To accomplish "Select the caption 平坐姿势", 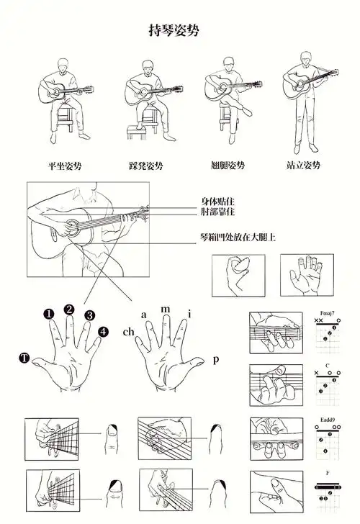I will coord(66,166).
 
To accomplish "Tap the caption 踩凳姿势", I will coord(146,166).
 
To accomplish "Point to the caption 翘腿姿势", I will coord(228,166).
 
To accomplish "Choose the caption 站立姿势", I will coord(303,166).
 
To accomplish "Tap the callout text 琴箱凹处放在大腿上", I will coord(237,237).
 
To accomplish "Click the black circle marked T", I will coord(25,358).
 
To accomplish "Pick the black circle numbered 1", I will coord(48,314).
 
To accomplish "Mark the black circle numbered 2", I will coord(69,310).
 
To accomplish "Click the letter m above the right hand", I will coord(165,309).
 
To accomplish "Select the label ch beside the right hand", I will coord(127,333).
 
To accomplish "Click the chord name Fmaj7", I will coord(328,314).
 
